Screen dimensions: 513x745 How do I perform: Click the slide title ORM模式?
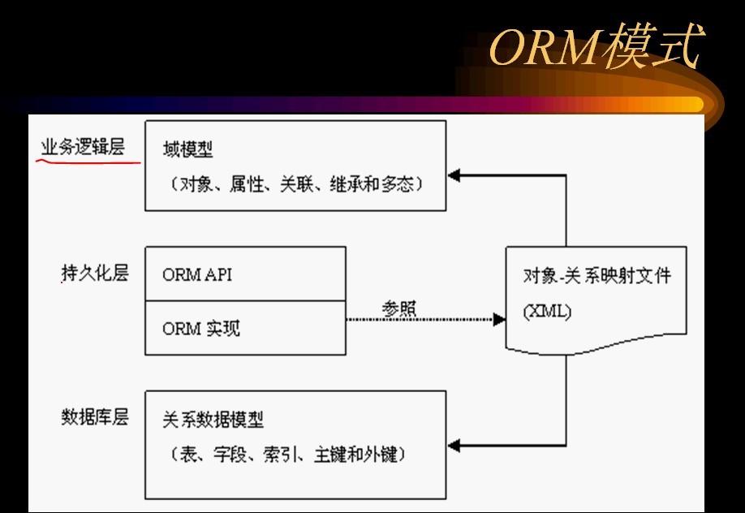(x=595, y=50)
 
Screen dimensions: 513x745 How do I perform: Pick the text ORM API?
(x=196, y=274)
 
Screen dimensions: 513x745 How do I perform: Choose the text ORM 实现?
(x=201, y=328)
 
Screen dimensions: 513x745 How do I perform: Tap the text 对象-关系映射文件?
(x=597, y=275)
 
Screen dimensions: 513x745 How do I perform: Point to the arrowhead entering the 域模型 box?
(x=454, y=175)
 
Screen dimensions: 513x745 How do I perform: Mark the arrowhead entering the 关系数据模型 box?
(x=454, y=445)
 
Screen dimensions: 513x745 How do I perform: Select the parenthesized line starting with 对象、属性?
(x=296, y=184)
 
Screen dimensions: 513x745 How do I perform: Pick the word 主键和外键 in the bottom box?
(x=357, y=455)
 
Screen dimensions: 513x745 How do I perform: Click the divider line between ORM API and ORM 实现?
(x=245, y=301)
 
